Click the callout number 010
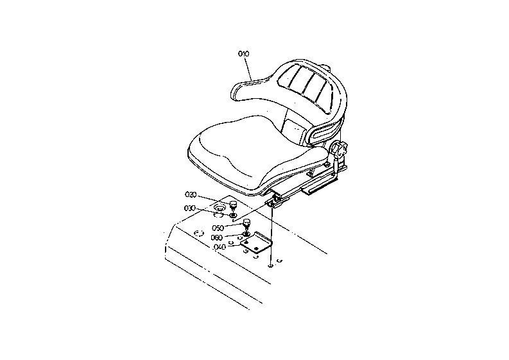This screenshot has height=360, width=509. pos(243,53)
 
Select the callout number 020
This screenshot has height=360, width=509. pos(191,194)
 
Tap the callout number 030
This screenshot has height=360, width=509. pos(190,208)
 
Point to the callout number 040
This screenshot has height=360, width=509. pos(220,247)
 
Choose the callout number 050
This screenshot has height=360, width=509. pos(218,228)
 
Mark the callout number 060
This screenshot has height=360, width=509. pos(216,237)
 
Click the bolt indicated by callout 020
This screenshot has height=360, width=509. pos(233,206)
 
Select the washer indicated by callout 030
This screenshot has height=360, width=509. pos(233,215)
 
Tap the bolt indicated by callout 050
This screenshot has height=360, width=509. pos(246,225)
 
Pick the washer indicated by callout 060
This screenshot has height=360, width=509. pos(246,234)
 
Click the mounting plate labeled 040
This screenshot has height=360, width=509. pos(257,243)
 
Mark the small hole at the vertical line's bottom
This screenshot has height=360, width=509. pos(270,266)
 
